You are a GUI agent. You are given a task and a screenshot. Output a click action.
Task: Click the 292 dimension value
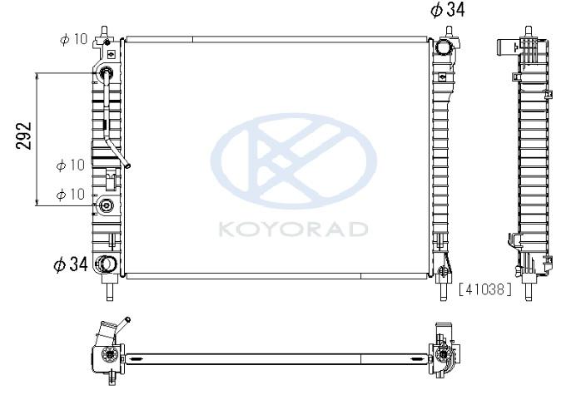point(24,136)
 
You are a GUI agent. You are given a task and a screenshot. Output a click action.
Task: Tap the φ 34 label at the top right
point(448,9)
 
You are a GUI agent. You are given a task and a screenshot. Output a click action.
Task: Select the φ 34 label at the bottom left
point(71,264)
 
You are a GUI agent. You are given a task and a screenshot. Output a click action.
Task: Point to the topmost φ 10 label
point(73,39)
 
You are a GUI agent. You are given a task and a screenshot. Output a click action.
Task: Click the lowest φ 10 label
point(71,194)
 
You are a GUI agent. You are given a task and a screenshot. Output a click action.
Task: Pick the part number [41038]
point(485,289)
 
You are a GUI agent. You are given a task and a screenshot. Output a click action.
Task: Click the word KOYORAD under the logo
point(293,229)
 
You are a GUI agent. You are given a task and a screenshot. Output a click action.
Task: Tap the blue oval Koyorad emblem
point(294,161)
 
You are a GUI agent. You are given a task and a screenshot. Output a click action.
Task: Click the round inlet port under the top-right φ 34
point(444,47)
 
